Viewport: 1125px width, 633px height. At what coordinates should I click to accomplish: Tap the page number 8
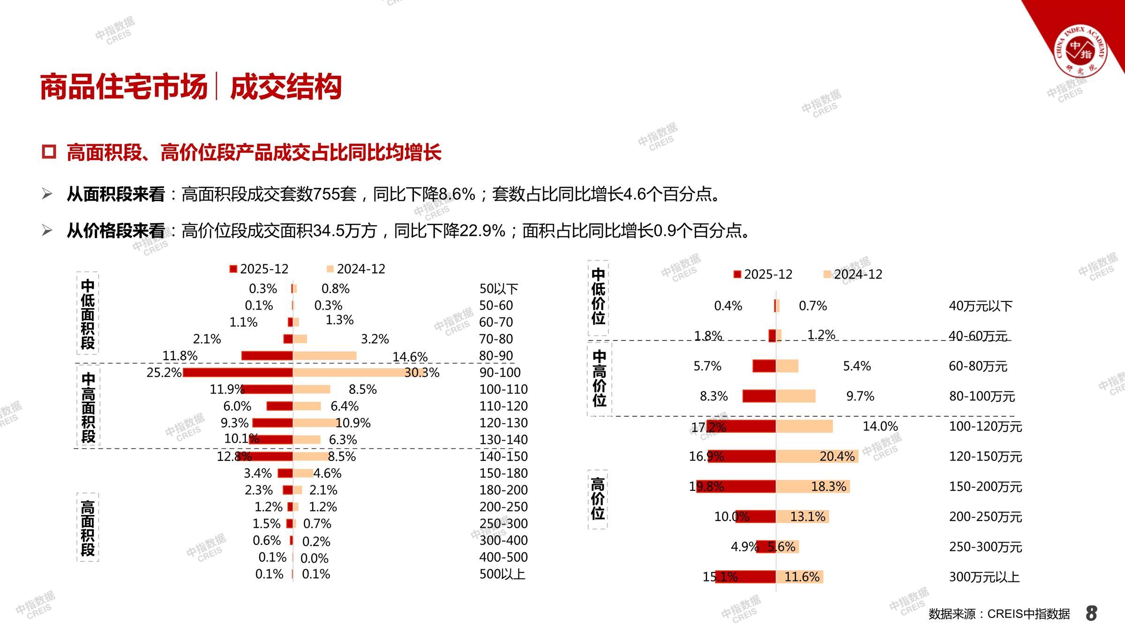(1091, 613)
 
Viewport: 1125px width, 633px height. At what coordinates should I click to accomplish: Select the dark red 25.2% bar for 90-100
(238, 373)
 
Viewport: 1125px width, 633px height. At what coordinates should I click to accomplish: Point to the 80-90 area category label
(496, 356)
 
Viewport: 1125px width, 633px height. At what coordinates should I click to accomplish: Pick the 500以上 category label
(502, 574)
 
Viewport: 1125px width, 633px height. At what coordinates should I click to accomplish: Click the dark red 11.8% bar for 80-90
(267, 356)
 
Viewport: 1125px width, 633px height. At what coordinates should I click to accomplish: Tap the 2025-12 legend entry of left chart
(259, 269)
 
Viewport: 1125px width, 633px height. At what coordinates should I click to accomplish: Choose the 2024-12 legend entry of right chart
(853, 274)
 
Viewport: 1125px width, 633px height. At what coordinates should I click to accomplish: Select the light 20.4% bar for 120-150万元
(817, 456)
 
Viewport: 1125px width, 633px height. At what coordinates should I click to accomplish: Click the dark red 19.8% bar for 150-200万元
(736, 486)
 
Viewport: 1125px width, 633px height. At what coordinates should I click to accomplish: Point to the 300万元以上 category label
(984, 577)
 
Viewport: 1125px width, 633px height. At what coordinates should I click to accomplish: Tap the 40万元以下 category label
(980, 306)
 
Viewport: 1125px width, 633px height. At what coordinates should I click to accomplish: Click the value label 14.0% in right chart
(880, 426)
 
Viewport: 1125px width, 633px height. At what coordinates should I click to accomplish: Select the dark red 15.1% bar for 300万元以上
(745, 577)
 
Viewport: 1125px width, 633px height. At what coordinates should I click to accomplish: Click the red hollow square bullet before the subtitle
(49, 152)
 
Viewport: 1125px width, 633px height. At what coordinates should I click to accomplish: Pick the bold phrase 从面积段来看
(116, 194)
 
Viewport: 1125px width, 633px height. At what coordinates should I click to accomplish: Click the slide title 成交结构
(285, 87)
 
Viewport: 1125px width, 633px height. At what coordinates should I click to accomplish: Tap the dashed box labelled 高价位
(598, 499)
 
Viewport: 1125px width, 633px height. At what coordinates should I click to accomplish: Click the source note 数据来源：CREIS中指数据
(999, 614)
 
